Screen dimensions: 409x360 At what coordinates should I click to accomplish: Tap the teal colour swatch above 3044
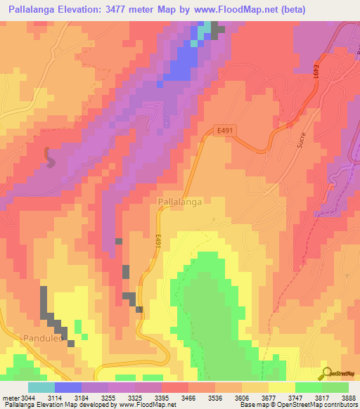pos(41,387)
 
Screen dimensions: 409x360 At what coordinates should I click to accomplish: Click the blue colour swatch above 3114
pos(68,387)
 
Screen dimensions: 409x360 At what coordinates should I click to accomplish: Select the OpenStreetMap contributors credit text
pos(323,405)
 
